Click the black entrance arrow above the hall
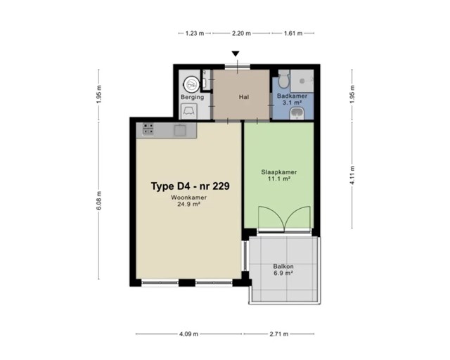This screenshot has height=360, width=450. click(x=236, y=53)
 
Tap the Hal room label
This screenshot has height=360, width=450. click(x=244, y=97)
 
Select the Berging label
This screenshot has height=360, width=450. click(x=192, y=97)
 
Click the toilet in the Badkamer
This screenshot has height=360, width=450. click(x=284, y=79)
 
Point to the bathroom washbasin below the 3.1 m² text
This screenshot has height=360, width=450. click(x=295, y=114)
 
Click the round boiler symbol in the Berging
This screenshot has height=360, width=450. click(x=191, y=84)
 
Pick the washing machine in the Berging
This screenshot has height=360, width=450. click(x=189, y=111)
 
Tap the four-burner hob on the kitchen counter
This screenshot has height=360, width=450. click(x=148, y=129)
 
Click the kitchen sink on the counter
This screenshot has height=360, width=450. click(x=180, y=131)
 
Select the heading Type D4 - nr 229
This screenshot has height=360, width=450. click(x=191, y=186)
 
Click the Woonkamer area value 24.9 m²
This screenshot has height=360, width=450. click(x=188, y=205)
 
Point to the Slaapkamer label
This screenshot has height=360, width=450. click(x=279, y=172)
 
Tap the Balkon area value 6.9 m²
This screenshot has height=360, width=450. click(x=283, y=273)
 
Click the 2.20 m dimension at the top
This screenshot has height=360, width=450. click(x=241, y=33)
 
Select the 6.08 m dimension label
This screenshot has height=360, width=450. click(x=98, y=200)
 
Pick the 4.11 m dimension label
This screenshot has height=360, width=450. click(x=352, y=175)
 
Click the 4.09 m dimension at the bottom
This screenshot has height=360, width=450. click(x=189, y=334)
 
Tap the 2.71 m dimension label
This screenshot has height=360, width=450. click(x=279, y=334)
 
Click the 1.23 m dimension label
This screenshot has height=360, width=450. click(x=195, y=33)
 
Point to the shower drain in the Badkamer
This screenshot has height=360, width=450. click(x=302, y=82)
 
